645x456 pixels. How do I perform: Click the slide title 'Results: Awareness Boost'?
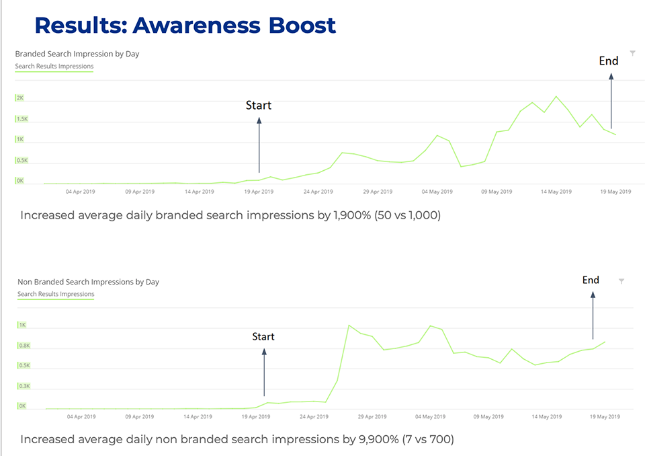point(185,26)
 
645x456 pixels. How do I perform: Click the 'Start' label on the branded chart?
point(259,106)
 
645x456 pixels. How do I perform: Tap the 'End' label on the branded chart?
point(609,61)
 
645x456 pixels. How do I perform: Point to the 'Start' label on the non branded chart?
point(263,336)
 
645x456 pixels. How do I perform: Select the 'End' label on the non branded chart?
point(591,280)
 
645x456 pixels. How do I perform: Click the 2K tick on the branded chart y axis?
point(20,98)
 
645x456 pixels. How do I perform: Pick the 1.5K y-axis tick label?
point(22,119)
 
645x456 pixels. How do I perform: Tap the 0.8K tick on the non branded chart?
point(24,346)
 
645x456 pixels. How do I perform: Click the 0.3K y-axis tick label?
point(24,386)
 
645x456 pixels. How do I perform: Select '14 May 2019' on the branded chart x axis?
point(556,192)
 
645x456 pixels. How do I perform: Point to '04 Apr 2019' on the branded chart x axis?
point(81,192)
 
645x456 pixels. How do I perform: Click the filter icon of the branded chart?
point(632,53)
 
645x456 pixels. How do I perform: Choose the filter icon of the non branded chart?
point(621,281)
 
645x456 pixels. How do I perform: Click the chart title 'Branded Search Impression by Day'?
point(77,54)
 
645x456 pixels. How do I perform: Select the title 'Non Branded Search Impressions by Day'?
point(88,282)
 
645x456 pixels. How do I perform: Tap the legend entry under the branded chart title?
point(54,67)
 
